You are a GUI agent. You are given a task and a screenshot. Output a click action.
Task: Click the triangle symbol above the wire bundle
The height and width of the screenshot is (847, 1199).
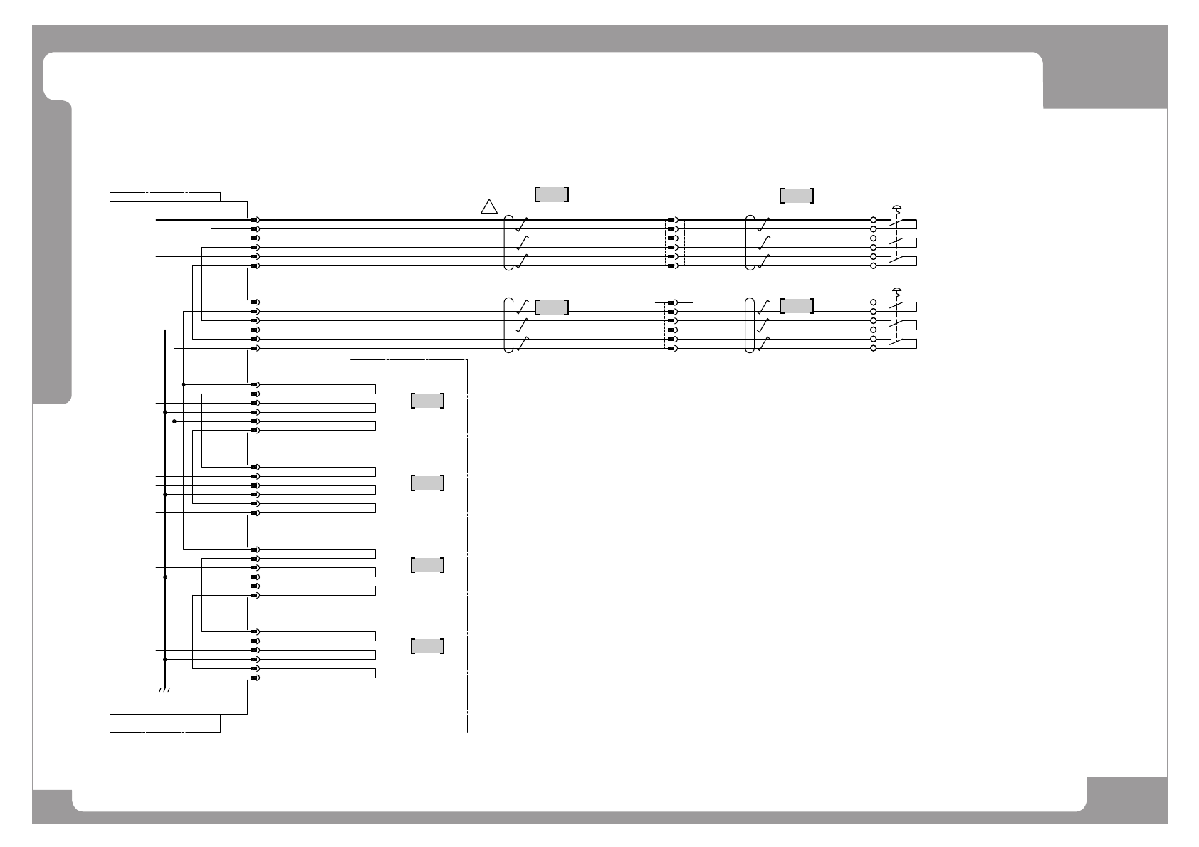coord(488,206)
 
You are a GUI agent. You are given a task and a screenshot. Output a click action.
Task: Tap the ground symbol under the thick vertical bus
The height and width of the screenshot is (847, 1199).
coord(164,689)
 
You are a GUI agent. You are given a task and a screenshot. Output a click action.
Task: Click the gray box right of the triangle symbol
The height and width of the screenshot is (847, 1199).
coord(552,195)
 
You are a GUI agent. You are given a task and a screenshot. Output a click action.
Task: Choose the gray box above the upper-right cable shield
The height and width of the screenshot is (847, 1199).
coord(797,196)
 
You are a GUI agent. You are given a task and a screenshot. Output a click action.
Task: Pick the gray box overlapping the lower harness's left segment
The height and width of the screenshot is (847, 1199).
coord(552,307)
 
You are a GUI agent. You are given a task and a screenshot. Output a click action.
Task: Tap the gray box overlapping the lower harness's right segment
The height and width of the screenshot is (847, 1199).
coord(797,306)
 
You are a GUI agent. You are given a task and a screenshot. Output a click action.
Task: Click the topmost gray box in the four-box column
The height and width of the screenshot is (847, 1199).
coord(427,401)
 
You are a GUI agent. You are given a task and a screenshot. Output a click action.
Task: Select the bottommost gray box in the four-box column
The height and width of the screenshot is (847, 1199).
coord(427,646)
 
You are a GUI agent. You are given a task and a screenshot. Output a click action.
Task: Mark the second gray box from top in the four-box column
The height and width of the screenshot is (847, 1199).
coord(427,483)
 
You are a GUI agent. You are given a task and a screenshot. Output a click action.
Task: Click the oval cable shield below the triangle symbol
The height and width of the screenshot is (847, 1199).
coord(508,243)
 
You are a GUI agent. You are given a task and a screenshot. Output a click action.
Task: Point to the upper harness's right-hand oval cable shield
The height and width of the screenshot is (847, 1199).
coord(750,243)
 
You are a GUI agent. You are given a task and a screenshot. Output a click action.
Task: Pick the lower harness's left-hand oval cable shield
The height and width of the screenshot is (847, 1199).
coord(508,325)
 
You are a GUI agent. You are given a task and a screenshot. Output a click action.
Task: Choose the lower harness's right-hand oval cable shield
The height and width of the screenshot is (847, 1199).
coord(750,325)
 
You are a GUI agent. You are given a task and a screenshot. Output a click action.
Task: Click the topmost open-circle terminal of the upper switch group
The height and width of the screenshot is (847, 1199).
coord(874,220)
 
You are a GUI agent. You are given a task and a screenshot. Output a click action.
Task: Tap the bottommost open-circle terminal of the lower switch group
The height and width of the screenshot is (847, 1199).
coord(874,348)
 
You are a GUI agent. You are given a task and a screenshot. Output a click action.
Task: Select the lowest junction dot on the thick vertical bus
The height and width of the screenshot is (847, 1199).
coord(164,659)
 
